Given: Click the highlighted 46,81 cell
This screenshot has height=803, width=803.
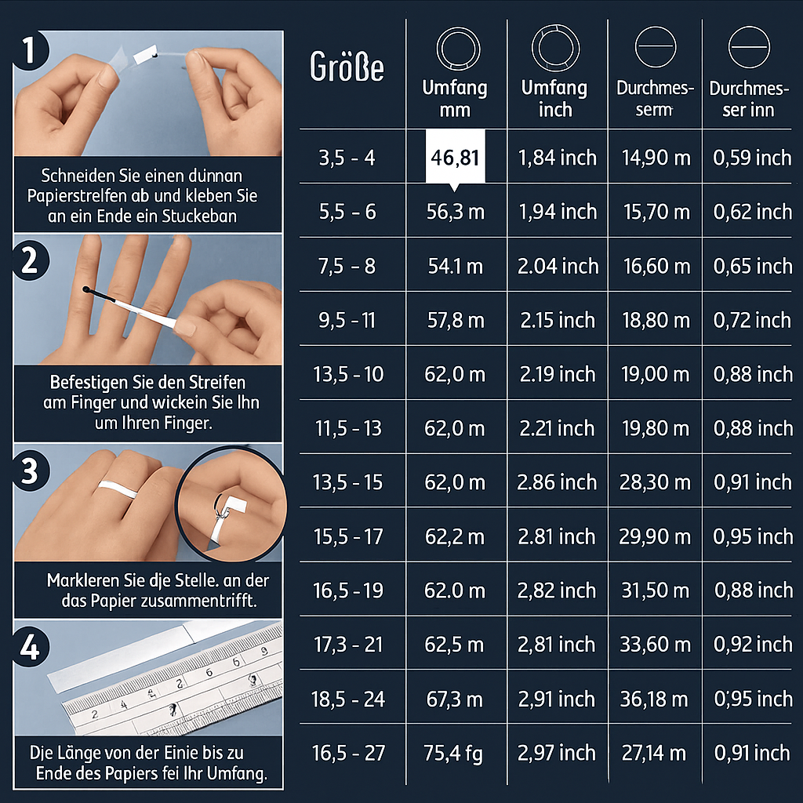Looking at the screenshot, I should click(455, 157).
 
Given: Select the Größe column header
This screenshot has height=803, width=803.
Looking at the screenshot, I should click(347, 67).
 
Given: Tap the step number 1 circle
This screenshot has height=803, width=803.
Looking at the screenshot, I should click(31, 51).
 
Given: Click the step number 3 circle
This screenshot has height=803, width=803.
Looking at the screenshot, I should click(31, 471).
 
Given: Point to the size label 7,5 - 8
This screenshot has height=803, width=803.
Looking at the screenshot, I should click(347, 266).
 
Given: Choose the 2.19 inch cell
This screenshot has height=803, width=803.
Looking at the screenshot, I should click(557, 374).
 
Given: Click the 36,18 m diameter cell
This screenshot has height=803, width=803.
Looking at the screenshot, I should click(655, 699).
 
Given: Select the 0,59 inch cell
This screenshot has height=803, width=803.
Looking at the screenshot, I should click(752, 158).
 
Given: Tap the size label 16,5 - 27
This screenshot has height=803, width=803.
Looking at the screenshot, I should click(348, 754).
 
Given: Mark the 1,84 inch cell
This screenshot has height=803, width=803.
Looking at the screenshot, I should click(557, 158).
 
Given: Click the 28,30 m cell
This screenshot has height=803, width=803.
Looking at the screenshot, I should click(655, 482).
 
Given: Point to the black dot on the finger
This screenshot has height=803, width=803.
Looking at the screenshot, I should click(85, 290).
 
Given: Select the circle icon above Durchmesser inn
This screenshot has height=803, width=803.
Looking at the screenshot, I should click(745, 49).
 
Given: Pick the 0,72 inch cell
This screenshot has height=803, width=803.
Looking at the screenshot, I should click(752, 320).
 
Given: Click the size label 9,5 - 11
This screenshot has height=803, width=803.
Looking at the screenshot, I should click(347, 320).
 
